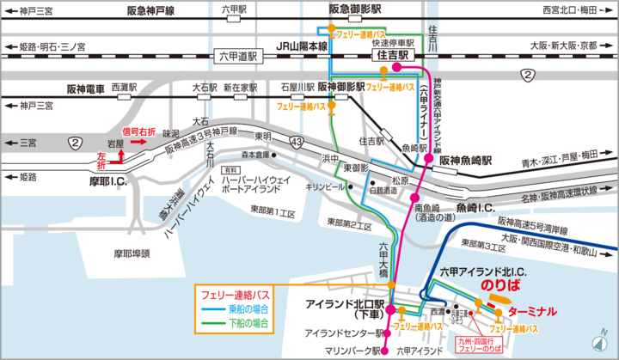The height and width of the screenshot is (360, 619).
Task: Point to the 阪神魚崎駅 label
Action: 464,160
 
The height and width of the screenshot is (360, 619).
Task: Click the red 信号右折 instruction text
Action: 139,131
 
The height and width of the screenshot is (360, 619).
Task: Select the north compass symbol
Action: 603,343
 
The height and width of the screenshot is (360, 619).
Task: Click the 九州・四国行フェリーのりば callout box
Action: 477,345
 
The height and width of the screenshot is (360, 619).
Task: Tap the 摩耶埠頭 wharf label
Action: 132,253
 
